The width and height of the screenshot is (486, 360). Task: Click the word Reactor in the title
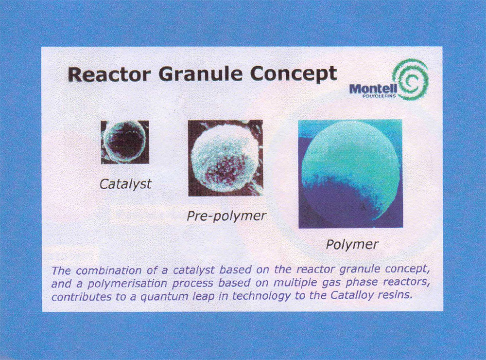coord(109,74)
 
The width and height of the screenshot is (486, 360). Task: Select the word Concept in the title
coord(293,74)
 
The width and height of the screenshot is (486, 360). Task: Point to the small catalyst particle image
coord(125,142)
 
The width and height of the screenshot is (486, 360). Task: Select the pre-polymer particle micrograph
coord(226,158)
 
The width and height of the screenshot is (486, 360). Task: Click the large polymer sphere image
coord(350,174)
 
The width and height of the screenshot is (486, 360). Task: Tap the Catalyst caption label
coord(125,184)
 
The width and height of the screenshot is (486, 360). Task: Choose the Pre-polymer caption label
coord(226,216)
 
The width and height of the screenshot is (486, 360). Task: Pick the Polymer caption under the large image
coord(352,245)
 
